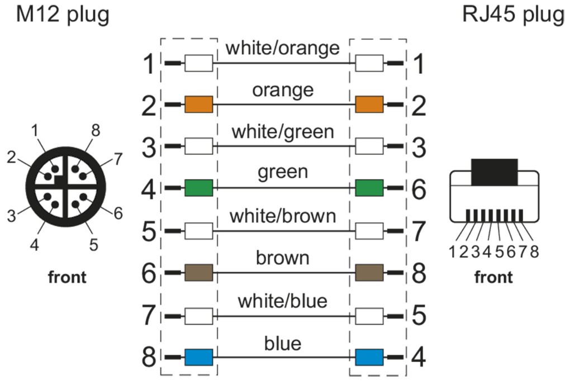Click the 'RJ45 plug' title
pos(513,15)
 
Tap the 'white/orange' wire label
pos(282,48)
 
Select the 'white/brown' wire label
pos(282,216)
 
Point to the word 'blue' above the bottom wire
pos(282,343)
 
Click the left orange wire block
pos(198,104)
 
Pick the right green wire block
pos(369,188)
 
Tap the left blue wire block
pos(198,357)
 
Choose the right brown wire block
pos(369,273)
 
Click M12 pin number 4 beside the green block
pos(149,189)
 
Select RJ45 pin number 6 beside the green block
pos(417,189)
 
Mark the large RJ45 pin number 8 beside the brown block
pos(417,273)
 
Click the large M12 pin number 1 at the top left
pos(149,64)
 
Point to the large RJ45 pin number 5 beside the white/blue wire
pos(417,316)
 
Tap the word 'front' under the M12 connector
pos(67,277)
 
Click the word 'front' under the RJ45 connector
pos(493,277)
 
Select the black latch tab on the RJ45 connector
pos(495,172)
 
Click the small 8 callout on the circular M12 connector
pos(96,131)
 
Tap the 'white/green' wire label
pos(282,132)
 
